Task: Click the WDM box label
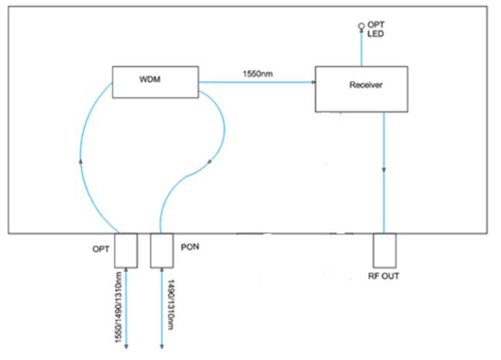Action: [x=150, y=79]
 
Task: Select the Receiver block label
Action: [x=366, y=85]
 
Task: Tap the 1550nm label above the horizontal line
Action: [x=258, y=74]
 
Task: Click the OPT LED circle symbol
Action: [x=361, y=26]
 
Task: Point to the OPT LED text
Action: [x=376, y=29]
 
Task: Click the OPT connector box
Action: [x=126, y=251]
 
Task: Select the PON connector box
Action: [x=162, y=251]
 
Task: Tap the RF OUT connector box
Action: [x=385, y=251]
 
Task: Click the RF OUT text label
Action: [x=383, y=276]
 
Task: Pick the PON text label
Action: [x=190, y=247]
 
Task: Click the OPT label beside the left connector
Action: [x=101, y=249]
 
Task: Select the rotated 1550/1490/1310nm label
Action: [x=119, y=308]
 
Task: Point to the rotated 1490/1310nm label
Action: [x=171, y=304]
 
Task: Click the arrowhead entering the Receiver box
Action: [x=314, y=82]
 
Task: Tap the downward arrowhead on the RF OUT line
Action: [x=384, y=170]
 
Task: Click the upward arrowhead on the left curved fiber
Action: [x=81, y=161]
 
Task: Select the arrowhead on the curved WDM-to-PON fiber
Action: [x=210, y=162]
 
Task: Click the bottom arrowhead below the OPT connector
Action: [x=126, y=346]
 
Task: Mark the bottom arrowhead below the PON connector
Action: [x=162, y=346]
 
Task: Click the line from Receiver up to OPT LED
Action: [x=361, y=48]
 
